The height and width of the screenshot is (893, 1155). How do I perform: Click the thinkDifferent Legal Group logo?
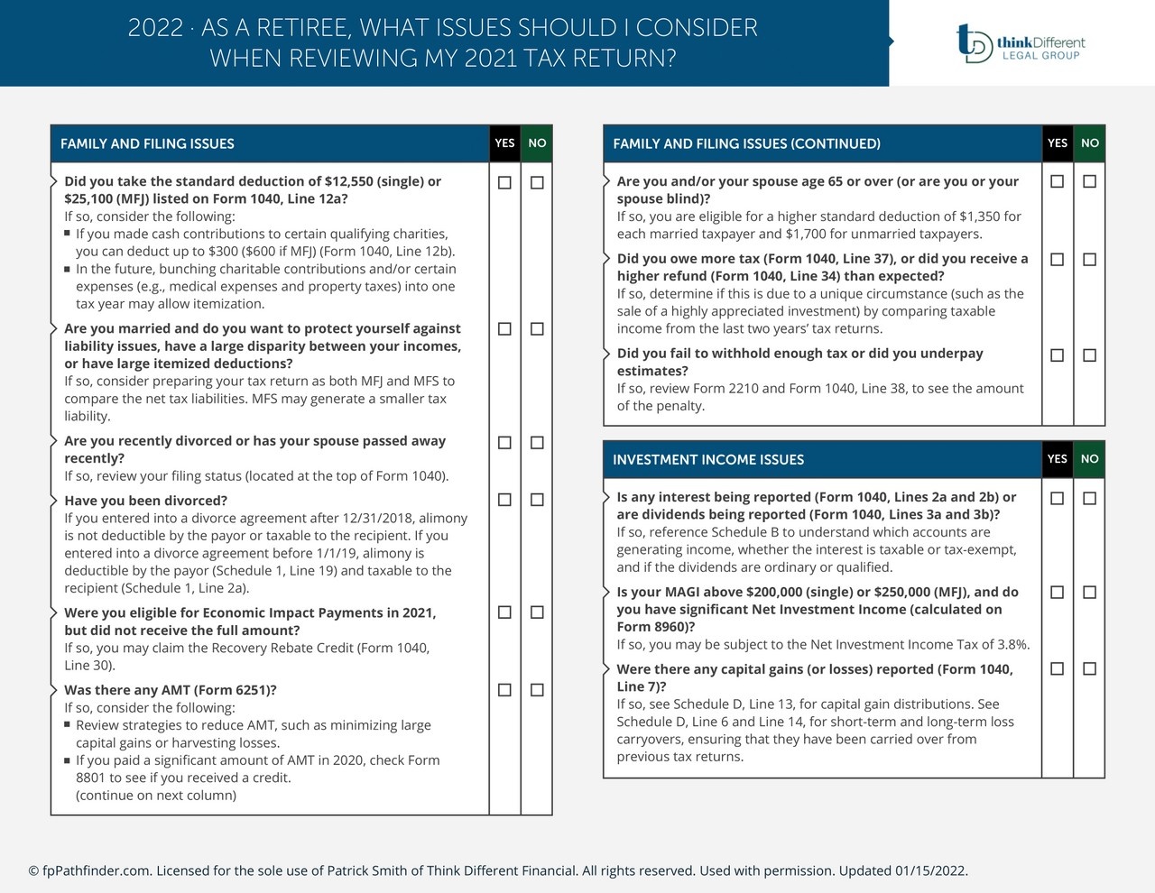1020,42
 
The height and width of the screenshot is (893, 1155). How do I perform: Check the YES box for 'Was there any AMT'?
504,690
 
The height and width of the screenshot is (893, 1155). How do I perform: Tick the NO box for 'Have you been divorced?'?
537,500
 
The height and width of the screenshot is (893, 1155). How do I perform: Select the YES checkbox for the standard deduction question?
504,182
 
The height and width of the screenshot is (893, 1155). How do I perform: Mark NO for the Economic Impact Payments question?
537,612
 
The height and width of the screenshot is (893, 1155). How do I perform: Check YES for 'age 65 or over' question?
1057,181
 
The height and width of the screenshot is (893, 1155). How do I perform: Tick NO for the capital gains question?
1089,669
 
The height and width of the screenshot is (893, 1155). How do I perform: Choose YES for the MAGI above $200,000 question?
1057,593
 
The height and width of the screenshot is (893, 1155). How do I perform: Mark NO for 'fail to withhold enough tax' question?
1089,355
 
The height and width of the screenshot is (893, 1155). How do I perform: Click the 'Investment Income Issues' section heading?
708,460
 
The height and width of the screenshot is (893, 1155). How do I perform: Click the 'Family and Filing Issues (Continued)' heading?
746,144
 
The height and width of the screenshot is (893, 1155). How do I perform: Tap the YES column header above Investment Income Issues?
1057,459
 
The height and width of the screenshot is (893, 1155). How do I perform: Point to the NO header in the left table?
537,143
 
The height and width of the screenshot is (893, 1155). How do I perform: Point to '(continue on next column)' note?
156,796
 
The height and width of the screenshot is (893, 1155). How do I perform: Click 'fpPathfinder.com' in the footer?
96,871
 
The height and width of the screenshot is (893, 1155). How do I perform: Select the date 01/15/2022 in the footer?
930,871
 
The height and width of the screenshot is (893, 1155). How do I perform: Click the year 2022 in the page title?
155,28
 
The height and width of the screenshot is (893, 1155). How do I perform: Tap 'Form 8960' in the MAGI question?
653,627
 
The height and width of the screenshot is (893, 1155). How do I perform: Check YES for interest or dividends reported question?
1057,499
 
